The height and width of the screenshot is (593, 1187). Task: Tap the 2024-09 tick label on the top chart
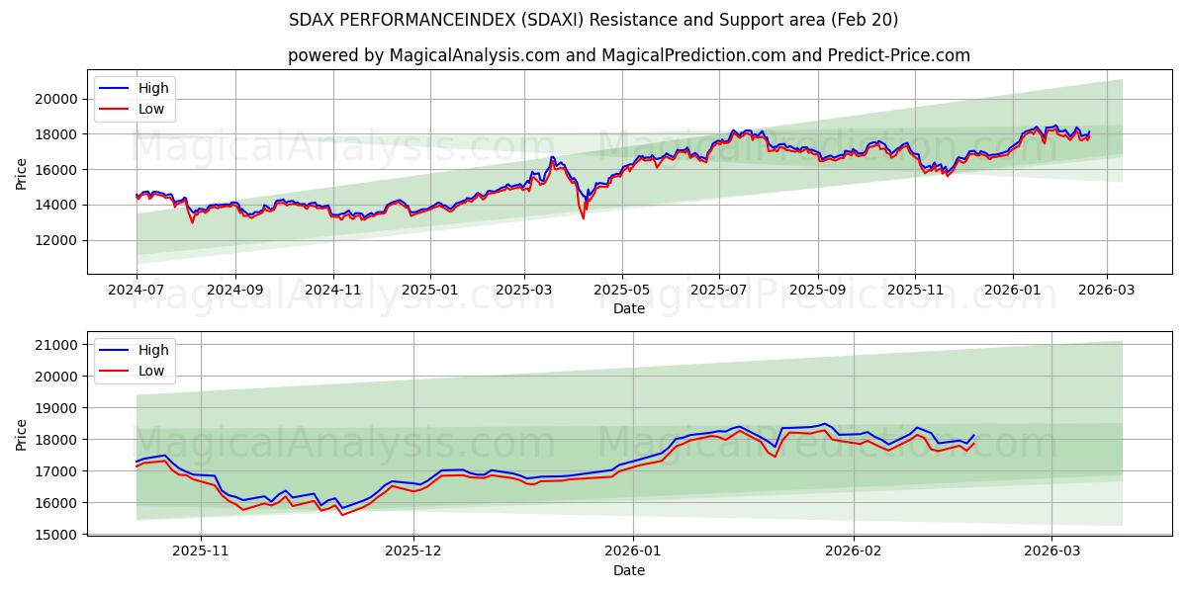[x=234, y=291]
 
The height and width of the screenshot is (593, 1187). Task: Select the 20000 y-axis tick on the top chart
[x=56, y=99]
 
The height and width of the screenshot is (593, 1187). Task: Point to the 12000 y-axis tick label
[x=56, y=240]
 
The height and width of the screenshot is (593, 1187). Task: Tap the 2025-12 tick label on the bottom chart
[x=414, y=551]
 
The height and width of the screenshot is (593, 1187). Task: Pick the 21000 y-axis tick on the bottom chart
[x=56, y=345]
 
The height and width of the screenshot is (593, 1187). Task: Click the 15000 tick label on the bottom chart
[x=56, y=535]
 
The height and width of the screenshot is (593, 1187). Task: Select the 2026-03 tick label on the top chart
[x=1108, y=291]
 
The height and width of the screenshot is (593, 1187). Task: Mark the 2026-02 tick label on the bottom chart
[x=853, y=551]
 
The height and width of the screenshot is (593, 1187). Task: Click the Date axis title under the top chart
[x=629, y=308]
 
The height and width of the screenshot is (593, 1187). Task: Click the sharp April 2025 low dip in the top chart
[x=583, y=217]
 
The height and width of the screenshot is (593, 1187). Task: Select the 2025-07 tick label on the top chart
[x=718, y=291]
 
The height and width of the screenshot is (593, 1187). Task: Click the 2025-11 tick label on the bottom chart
[x=201, y=551]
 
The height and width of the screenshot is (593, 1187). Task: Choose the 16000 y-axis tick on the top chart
[x=56, y=170]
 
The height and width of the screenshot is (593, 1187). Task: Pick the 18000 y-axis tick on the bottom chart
[x=56, y=440]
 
